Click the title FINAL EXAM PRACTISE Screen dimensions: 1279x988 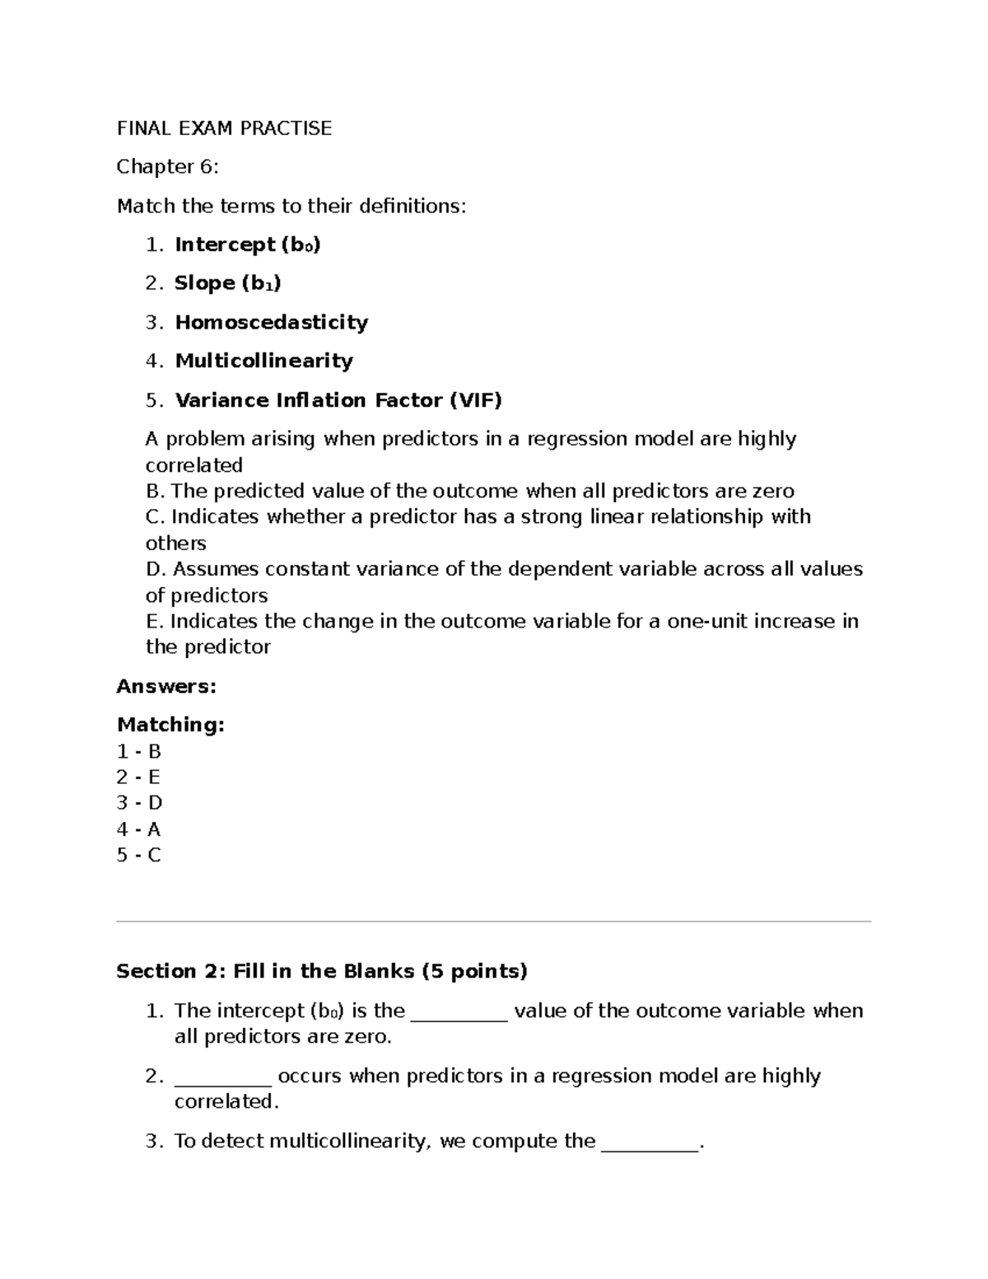tap(224, 128)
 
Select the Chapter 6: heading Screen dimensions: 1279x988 tap(167, 167)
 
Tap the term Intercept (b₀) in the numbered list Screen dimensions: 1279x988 tap(247, 245)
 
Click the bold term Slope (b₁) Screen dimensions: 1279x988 tap(227, 283)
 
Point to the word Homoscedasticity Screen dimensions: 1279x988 tap(271, 322)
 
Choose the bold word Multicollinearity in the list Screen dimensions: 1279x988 tap(263, 361)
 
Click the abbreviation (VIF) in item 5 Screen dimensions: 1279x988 tap(475, 400)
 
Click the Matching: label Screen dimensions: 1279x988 tap(170, 725)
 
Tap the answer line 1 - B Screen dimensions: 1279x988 tap(138, 751)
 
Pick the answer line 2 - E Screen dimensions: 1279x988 tap(138, 777)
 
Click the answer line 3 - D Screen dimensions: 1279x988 tap(139, 803)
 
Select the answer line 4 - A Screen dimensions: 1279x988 tap(138, 829)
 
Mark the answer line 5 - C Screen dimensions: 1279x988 tap(138, 855)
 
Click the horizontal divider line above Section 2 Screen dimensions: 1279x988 tap(494, 922)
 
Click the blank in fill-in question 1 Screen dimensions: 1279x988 tap(459, 1012)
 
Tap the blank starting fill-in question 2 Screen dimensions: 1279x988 tap(222, 1077)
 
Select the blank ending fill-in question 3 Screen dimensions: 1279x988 tap(650, 1142)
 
